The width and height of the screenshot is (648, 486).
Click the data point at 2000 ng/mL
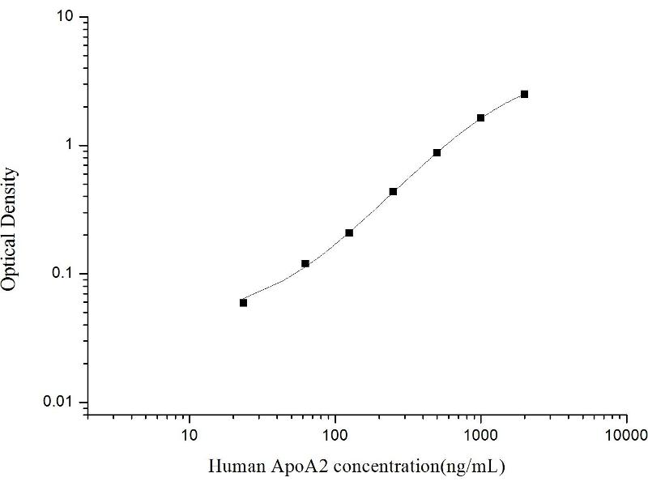pyautogui.click(x=524, y=94)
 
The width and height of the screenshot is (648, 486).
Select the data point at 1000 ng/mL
pyautogui.click(x=480, y=117)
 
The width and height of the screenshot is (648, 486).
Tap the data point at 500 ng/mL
pyautogui.click(x=437, y=152)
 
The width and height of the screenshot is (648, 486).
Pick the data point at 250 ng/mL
pyautogui.click(x=393, y=192)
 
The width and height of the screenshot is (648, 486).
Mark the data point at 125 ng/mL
pyautogui.click(x=349, y=232)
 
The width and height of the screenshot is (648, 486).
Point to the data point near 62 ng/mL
pyautogui.click(x=305, y=263)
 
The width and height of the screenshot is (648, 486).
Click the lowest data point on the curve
pyautogui.click(x=243, y=302)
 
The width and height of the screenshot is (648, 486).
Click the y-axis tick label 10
pyautogui.click(x=67, y=17)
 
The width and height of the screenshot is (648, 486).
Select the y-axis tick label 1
pyautogui.click(x=71, y=145)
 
